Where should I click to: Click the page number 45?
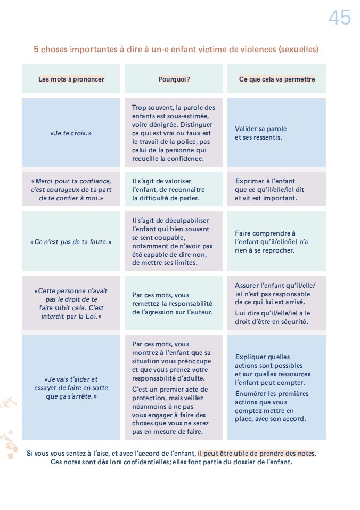tap(339, 18)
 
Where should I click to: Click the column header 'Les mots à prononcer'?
tap(71, 79)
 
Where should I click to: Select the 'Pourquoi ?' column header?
tap(174, 79)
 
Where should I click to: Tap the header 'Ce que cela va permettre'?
tap(277, 79)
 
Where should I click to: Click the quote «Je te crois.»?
tap(71, 133)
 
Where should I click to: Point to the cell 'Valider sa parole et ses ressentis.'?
tap(261, 133)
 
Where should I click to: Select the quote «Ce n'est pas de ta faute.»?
tap(71, 242)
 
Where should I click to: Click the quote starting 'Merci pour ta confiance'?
tap(71, 189)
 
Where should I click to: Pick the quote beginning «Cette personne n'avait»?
tap(71, 304)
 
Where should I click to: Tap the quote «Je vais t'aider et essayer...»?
tap(71, 388)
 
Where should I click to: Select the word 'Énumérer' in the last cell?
tap(249, 394)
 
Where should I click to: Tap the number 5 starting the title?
tap(36, 50)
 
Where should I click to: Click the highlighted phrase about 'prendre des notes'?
tap(256, 454)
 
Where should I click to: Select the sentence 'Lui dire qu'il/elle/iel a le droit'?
tap(272, 317)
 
